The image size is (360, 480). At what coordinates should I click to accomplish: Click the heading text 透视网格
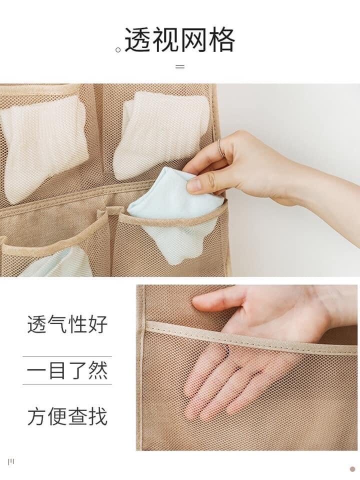180,40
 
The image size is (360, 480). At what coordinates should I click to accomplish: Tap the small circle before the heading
118,49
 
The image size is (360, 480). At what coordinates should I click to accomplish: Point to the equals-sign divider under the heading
180,66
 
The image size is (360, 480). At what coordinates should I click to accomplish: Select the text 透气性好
67,324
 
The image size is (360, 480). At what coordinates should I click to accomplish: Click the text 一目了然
67,370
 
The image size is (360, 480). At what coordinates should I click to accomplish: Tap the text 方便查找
67,416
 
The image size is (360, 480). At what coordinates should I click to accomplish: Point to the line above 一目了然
67,356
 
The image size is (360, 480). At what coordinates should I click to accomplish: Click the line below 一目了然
67,384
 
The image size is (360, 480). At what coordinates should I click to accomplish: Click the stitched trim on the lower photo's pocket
251,334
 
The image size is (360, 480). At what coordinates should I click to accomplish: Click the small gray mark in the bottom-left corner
11,462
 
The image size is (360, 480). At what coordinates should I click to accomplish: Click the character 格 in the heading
222,40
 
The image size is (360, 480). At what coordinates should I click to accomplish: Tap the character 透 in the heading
138,40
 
